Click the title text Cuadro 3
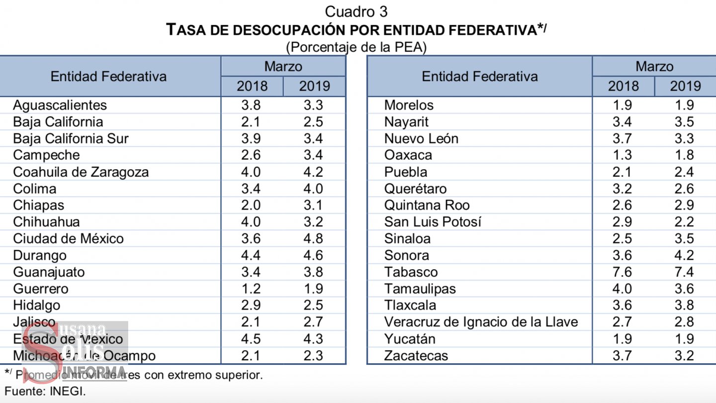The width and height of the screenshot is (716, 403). click(x=356, y=11)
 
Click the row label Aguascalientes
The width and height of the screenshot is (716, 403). click(x=60, y=105)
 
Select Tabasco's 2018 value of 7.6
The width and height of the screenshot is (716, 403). click(x=623, y=272)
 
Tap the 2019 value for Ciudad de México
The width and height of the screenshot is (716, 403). click(x=314, y=239)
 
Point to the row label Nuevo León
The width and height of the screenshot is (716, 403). click(x=421, y=138)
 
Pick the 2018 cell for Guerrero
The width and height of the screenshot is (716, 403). click(x=252, y=289)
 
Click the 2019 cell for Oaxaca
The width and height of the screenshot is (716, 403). click(x=685, y=155)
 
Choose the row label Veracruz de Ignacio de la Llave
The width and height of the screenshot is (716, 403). click(x=481, y=322)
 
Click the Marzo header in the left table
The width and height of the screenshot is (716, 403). click(x=283, y=66)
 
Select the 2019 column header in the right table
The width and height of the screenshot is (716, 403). click(x=685, y=86)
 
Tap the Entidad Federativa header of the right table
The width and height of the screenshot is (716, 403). click(x=479, y=77)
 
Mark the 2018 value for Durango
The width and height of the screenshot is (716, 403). click(x=252, y=256)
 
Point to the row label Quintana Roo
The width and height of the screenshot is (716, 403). click(x=427, y=205)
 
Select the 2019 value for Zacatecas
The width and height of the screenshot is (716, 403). click(x=685, y=356)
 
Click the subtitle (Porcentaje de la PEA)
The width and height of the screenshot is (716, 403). click(x=356, y=47)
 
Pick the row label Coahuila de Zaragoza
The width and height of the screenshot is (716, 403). click(x=81, y=172)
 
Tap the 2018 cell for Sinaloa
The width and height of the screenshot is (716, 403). click(x=623, y=239)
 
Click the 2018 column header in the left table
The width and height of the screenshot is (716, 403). click(x=252, y=86)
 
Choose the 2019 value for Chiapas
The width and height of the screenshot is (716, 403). click(x=314, y=205)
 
